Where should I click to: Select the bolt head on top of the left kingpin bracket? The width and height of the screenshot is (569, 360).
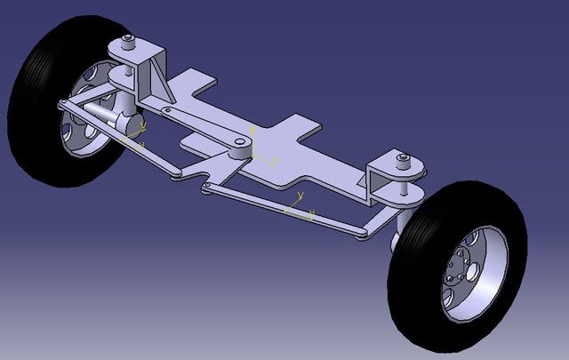coord(130,39)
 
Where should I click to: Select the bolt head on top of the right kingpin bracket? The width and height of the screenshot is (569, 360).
coord(405,158)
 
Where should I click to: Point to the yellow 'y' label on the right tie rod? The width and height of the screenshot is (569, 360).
coord(301,195)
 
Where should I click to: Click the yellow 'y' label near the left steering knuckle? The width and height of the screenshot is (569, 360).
coord(143,127)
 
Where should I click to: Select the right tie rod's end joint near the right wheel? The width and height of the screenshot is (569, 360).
coord(360,233)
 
